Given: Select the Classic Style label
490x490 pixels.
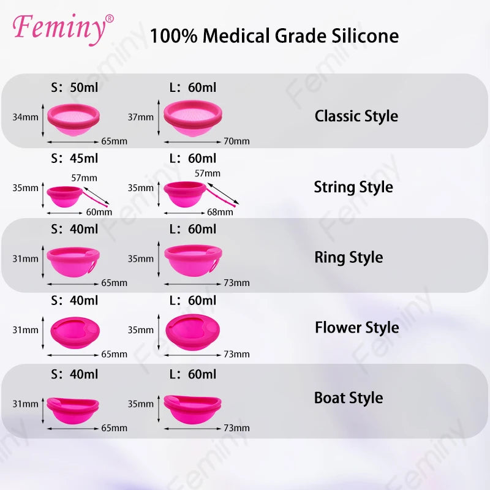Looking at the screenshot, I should click(x=356, y=116).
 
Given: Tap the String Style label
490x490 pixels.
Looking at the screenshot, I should click(x=353, y=187).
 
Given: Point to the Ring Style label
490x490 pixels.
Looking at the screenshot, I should click(x=349, y=257).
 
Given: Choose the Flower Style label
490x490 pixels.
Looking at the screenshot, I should click(x=356, y=328).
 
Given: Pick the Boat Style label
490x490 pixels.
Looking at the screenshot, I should click(x=349, y=398).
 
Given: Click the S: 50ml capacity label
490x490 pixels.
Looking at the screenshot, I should click(x=74, y=88).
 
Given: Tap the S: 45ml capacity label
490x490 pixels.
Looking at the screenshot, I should click(x=74, y=159).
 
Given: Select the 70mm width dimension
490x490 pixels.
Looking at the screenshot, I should click(x=236, y=141).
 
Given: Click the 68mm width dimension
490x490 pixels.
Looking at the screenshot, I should click(x=221, y=213).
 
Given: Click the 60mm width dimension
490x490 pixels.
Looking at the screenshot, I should click(x=99, y=213).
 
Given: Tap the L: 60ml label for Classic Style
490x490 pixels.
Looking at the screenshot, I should click(x=192, y=88).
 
